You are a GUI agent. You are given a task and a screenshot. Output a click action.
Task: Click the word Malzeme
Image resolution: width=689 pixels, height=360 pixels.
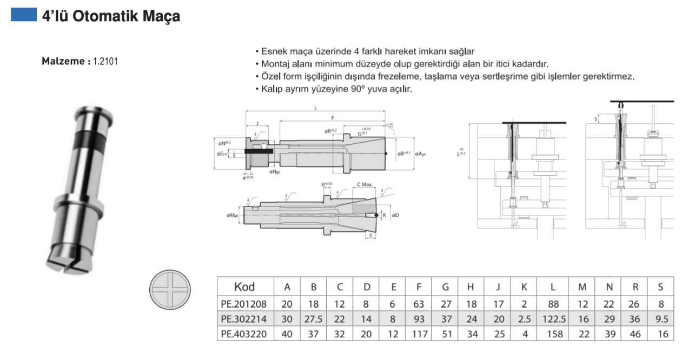[x=63, y=62]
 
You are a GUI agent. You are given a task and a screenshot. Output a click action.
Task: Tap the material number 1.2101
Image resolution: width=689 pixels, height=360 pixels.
[x=105, y=62]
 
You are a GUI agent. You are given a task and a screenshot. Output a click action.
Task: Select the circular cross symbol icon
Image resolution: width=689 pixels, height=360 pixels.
[x=171, y=291]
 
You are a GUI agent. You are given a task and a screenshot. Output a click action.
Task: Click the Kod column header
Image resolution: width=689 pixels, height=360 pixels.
[x=244, y=287]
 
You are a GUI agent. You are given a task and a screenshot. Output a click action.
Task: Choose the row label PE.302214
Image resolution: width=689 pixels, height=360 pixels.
[x=244, y=319]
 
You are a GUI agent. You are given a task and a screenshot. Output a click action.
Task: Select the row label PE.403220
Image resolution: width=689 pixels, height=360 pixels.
[x=244, y=334]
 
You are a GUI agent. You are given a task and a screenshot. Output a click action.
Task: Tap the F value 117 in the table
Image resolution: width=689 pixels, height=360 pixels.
[x=419, y=334]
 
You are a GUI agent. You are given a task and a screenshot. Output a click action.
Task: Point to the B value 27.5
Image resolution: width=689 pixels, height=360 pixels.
[x=313, y=319]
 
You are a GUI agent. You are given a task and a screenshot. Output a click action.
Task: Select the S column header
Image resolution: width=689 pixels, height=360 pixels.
[x=661, y=287]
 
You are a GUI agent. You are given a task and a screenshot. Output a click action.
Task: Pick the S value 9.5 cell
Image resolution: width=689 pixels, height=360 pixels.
[x=661, y=319]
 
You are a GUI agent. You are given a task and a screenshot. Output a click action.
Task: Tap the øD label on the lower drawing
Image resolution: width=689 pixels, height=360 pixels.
[x=395, y=216]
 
